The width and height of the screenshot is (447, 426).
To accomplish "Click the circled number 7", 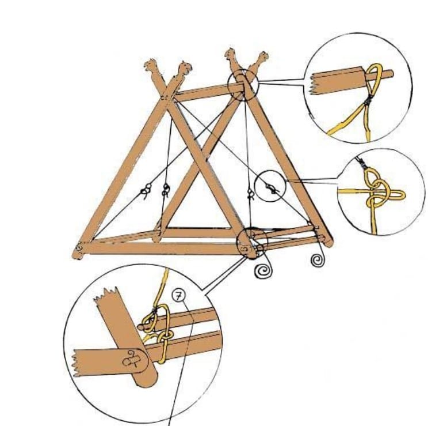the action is (179, 296).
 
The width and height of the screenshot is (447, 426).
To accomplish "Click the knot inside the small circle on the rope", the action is (271, 189).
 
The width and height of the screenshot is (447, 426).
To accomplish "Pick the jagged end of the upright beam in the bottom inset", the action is (106, 295).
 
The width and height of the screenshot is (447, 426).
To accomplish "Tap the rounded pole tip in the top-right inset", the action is (391, 73).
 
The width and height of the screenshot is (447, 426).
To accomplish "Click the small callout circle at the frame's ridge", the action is (243, 85).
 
